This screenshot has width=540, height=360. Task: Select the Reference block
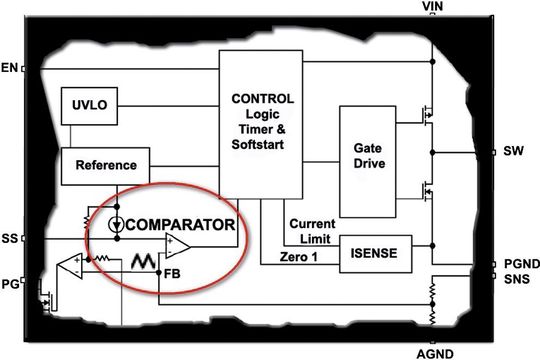pyautogui.click(x=104, y=162)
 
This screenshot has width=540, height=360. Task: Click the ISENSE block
pyautogui.click(x=377, y=254)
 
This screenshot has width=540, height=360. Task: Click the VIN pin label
pyautogui.click(x=432, y=6)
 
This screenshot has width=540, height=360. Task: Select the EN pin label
pyautogui.click(x=10, y=68)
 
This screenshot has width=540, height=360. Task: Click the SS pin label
pyautogui.click(x=10, y=239)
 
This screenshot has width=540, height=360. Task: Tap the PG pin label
pyautogui.click(x=10, y=283)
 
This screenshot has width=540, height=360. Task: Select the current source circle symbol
pyautogui.click(x=118, y=223)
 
